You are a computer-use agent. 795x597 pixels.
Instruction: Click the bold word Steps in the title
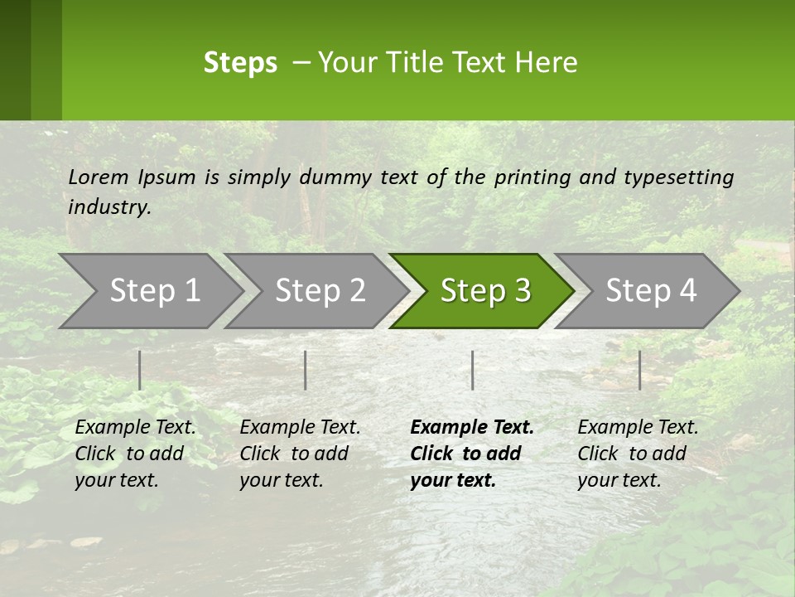[240, 63]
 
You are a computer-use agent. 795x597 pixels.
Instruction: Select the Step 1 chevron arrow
[154, 291]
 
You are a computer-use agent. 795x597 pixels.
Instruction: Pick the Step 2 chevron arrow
[320, 291]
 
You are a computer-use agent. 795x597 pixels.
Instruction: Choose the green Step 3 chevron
[485, 291]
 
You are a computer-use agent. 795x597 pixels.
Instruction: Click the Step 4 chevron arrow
[651, 291]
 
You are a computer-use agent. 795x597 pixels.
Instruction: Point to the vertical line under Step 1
[140, 370]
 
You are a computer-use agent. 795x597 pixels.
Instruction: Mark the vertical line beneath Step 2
[306, 370]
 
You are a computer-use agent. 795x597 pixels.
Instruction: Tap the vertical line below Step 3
[472, 370]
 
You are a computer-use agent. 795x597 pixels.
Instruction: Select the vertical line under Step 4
[639, 370]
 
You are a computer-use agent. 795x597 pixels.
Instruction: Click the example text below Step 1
[135, 454]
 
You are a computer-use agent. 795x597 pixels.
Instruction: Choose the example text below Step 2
[300, 454]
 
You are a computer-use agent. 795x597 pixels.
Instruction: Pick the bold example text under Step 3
[472, 454]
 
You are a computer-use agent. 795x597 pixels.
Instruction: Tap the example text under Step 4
[638, 454]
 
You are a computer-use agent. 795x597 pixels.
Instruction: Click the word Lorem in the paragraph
[99, 177]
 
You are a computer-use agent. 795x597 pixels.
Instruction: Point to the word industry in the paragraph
[109, 207]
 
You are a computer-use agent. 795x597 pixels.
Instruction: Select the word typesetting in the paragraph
[678, 177]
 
